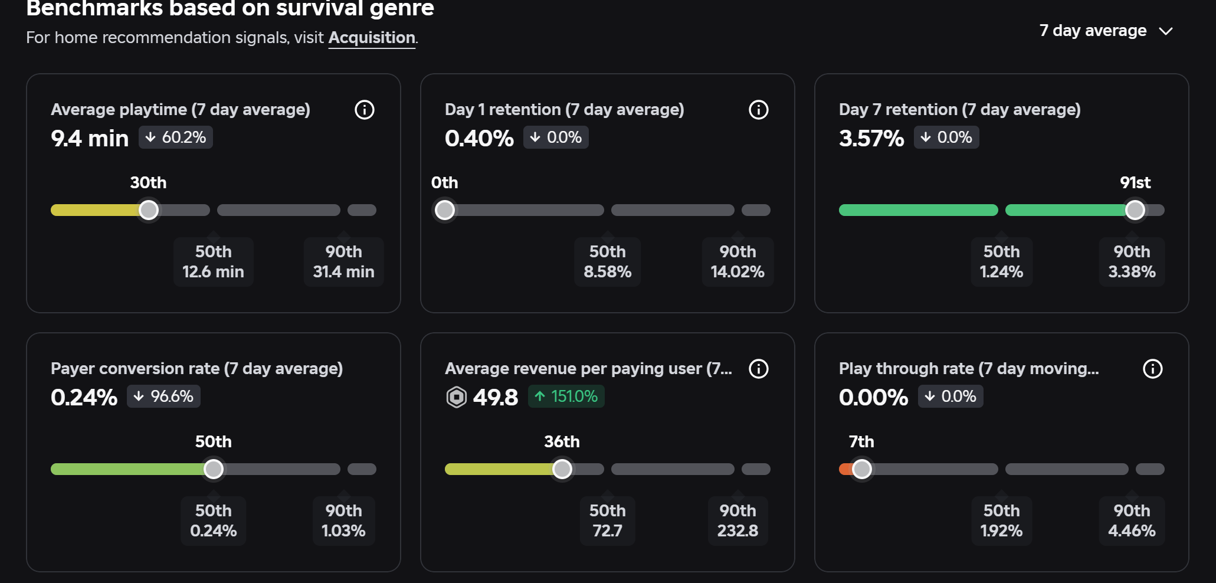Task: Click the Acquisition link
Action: tap(372, 38)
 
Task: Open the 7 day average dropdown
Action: tap(1106, 31)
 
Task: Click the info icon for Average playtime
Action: tap(365, 110)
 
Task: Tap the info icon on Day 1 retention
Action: tap(759, 110)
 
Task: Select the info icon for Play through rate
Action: tap(1153, 369)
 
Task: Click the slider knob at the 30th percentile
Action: tap(149, 210)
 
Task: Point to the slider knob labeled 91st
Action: tap(1135, 210)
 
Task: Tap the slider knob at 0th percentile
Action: tap(445, 210)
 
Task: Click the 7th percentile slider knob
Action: tap(862, 469)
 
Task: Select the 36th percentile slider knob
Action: tap(562, 469)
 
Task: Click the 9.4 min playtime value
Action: tap(90, 139)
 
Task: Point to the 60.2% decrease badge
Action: tap(176, 137)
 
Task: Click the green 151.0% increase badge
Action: tap(566, 397)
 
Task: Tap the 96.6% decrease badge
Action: tap(163, 397)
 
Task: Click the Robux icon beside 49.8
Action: tap(457, 397)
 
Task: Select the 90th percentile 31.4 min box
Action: tap(344, 262)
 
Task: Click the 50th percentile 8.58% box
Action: tap(608, 262)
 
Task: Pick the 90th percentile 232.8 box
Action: tap(738, 521)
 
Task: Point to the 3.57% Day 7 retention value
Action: tap(871, 139)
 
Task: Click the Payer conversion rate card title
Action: tap(197, 369)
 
